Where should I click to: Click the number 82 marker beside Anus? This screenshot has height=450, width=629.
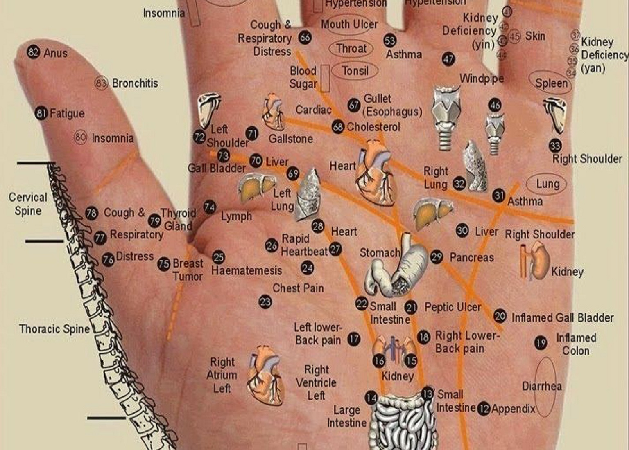(33, 52)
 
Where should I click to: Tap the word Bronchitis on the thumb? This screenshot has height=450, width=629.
(135, 83)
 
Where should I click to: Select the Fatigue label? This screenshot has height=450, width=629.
(67, 113)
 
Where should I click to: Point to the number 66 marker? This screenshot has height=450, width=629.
(305, 38)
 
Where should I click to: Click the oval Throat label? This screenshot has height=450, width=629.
(351, 49)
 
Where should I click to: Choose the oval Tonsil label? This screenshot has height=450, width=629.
(355, 71)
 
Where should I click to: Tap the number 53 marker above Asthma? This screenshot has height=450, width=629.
(390, 40)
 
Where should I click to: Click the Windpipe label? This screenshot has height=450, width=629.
(482, 78)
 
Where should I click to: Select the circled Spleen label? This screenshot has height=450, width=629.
(551, 83)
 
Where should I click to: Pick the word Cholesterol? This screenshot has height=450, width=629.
(373, 127)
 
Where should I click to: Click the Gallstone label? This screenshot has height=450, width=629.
(290, 139)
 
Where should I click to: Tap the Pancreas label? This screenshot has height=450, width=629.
(471, 257)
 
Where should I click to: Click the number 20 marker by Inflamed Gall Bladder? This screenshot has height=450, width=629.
(500, 316)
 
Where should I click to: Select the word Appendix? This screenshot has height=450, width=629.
(513, 409)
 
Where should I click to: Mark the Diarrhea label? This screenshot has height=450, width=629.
(541, 386)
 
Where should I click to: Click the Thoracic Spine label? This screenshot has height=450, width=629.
(54, 329)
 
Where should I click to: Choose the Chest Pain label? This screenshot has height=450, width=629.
(298, 288)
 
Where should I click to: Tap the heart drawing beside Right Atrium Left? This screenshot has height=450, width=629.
(265, 376)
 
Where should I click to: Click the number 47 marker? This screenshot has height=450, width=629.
(448, 59)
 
